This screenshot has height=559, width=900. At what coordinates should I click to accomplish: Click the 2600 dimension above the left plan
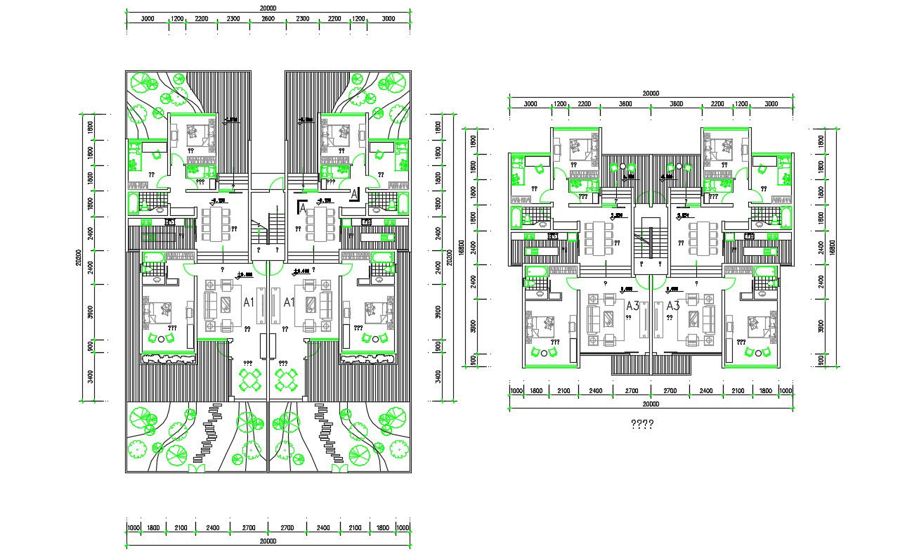click(268, 19)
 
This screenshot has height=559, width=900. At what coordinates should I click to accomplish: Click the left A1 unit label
click(248, 302)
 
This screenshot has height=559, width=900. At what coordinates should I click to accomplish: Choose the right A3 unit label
click(672, 305)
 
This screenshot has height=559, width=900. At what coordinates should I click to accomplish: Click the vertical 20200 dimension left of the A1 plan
click(79, 257)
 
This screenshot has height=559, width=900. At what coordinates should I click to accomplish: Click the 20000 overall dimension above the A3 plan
click(651, 94)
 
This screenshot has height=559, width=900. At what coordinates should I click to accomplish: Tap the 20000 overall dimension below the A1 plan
click(268, 541)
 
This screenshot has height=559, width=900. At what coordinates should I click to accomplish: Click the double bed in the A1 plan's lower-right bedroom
click(374, 309)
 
